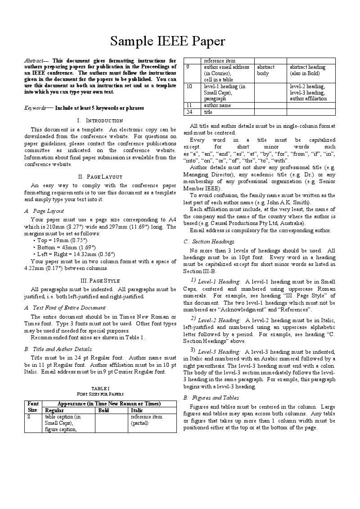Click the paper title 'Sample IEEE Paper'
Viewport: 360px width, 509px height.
tap(168, 42)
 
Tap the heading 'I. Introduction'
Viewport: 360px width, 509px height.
tap(100, 121)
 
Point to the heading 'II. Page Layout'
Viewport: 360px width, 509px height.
tap(100, 177)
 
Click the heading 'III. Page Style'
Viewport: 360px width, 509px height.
tap(100, 281)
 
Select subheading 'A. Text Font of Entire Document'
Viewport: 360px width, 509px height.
tap(65, 308)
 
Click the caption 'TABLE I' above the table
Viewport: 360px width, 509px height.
tap(100, 388)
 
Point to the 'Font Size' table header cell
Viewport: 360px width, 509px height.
tap(32, 407)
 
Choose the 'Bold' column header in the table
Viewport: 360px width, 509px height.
tap(103, 410)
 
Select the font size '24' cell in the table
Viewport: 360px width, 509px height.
tap(189, 112)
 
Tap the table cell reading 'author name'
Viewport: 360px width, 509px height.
tap(217, 105)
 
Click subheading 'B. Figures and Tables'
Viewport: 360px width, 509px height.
tap(211, 398)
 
